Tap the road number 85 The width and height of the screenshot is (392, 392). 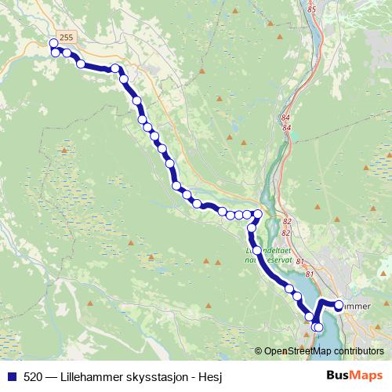click(x=311, y=9)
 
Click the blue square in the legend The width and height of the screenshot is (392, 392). click(x=12, y=376)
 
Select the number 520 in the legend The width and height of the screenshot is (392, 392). click(x=34, y=376)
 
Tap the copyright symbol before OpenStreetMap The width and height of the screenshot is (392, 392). click(x=259, y=351)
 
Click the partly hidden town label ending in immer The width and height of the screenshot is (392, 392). click(x=357, y=305)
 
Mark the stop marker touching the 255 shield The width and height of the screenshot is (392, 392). click(x=54, y=44)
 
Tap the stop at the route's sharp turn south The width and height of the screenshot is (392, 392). click(x=258, y=213)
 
